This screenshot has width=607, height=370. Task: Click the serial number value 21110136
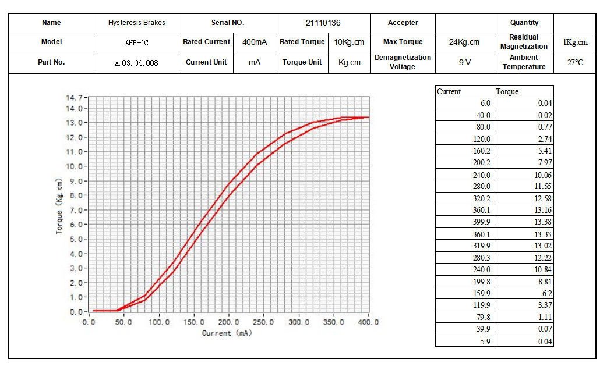pos(323,23)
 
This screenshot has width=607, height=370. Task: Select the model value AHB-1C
pos(136,42)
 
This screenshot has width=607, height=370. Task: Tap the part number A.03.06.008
pos(136,62)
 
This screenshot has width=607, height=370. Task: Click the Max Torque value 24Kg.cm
pos(464,42)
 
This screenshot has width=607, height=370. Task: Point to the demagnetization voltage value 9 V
pos(464,62)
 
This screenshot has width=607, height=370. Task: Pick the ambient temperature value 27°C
pos(574,62)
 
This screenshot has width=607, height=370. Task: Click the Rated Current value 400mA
pos(255,42)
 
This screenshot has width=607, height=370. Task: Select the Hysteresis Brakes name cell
pos(136,23)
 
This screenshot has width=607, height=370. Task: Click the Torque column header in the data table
pos(507,91)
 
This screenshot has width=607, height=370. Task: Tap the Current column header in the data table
pos(449,91)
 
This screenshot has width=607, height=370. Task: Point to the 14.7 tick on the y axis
pos(76,98)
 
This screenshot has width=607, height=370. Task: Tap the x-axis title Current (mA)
pos(227,333)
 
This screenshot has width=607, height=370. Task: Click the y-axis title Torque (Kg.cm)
pos(59,206)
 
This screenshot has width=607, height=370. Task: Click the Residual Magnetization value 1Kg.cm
pos(574,42)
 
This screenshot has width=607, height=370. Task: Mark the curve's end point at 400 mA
pos(368,118)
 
